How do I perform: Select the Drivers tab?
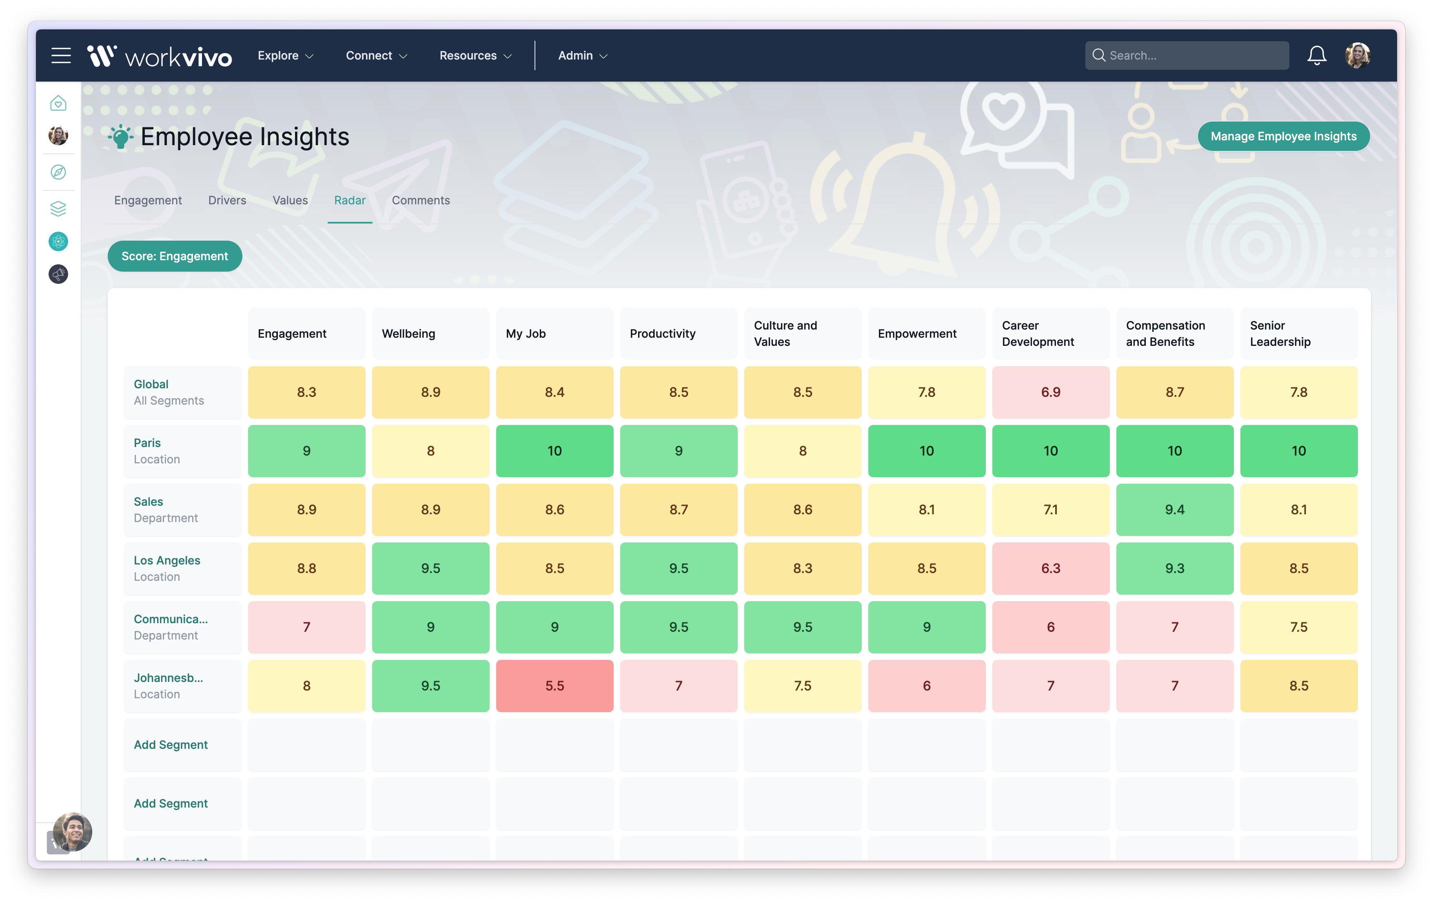point(227,201)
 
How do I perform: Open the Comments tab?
point(420,201)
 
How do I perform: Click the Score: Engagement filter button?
point(174,257)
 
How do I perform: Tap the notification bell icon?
point(1316,56)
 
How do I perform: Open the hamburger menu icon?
point(61,56)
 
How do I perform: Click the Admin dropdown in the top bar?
point(582,56)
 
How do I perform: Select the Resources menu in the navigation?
point(475,56)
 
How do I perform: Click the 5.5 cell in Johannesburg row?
point(554,686)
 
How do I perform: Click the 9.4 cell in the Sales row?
point(1174,510)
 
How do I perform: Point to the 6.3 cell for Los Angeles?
point(1050,569)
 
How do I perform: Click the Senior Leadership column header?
point(1298,334)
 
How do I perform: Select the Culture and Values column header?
point(802,334)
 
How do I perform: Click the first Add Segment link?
point(171,745)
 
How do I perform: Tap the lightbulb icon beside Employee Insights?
point(121,137)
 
